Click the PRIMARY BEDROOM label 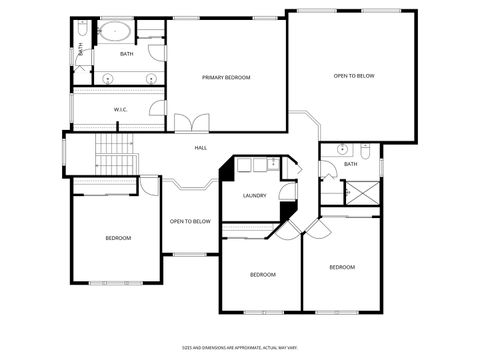225,77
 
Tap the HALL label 200,148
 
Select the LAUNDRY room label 254,195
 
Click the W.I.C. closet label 120,109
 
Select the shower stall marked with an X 361,192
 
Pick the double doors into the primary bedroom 191,123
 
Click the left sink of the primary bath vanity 105,77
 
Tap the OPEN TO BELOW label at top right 354,76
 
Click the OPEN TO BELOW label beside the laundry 190,221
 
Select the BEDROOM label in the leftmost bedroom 118,237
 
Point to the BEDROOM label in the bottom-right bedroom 342,267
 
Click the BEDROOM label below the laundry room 262,274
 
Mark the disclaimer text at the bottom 239,348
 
